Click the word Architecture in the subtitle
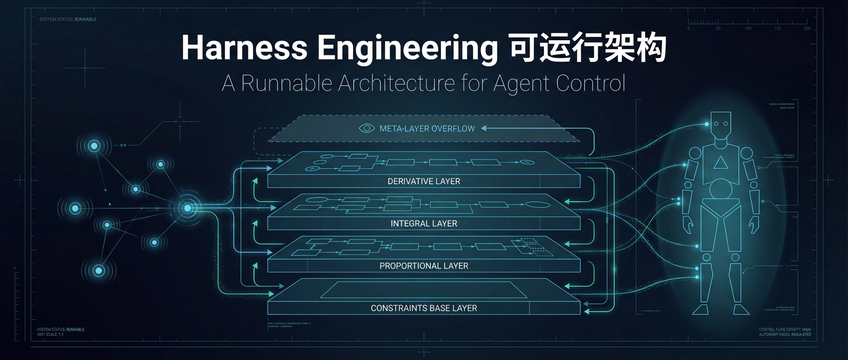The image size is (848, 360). point(397,83)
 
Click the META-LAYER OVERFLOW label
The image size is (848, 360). point(427,129)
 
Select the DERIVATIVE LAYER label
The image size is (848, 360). point(424,181)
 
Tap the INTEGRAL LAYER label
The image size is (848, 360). point(424,224)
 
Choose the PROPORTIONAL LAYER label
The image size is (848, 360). point(424,266)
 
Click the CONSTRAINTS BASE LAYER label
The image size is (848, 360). point(424,308)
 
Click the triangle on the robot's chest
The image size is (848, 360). point(721,163)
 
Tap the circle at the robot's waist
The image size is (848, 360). point(721,189)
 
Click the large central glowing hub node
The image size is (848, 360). point(187,208)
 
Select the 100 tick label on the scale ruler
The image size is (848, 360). point(748,29)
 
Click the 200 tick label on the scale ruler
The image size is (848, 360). point(807,29)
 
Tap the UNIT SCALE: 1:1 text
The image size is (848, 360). point(50,334)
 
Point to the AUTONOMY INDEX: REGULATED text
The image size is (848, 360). point(785,334)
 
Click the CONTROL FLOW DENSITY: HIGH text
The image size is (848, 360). point(785,329)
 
